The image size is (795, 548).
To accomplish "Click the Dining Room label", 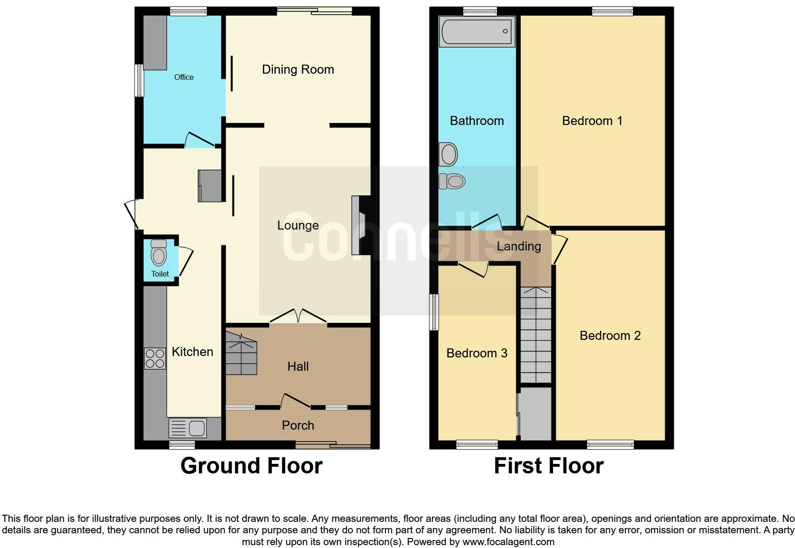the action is click(x=298, y=69).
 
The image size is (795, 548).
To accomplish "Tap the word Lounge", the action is click(x=298, y=226).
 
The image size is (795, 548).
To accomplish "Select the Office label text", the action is click(x=184, y=77).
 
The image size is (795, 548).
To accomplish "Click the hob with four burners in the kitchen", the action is click(x=155, y=358).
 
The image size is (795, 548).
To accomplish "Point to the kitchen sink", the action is click(x=188, y=428).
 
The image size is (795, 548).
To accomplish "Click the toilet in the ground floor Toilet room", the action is click(x=159, y=253).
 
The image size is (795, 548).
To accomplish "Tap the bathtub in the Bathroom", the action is click(x=476, y=31).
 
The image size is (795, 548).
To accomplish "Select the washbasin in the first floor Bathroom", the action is click(x=448, y=154).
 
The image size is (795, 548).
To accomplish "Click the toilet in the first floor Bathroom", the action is click(x=452, y=181).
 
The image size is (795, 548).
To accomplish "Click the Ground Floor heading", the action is click(x=252, y=466).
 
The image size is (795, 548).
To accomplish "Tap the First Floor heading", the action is click(x=549, y=466).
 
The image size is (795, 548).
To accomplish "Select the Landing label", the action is click(x=519, y=246).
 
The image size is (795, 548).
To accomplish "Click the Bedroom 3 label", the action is click(x=476, y=353).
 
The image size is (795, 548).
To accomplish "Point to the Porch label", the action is click(x=298, y=425).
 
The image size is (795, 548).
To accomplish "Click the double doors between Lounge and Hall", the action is click(x=298, y=316).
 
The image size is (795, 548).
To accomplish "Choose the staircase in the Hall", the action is click(x=242, y=353).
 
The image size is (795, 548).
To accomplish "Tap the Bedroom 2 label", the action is click(x=610, y=336).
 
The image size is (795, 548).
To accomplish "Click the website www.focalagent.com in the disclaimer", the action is click(x=508, y=542).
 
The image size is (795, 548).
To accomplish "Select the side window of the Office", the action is click(x=139, y=80).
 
